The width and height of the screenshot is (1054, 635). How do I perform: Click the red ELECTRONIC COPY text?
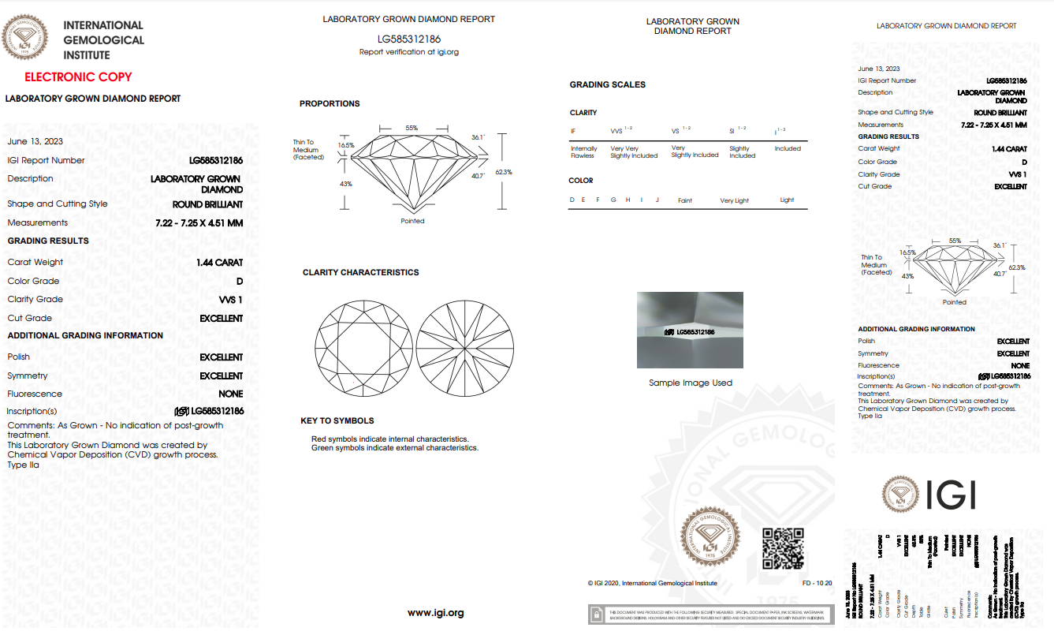pyautogui.click(x=78, y=77)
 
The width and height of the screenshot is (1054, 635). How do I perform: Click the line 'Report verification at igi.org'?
pyautogui.click(x=408, y=52)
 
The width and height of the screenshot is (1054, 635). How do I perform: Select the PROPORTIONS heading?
pyautogui.click(x=330, y=104)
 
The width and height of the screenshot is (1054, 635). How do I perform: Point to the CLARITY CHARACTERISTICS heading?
pyautogui.click(x=360, y=273)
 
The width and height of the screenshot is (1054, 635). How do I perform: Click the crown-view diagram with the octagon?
pyautogui.click(x=363, y=348)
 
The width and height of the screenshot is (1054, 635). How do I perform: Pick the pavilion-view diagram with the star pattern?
pyautogui.click(x=465, y=348)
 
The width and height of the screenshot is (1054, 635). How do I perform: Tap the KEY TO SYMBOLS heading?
pyautogui.click(x=337, y=421)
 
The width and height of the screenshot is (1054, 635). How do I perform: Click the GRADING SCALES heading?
pyautogui.click(x=607, y=85)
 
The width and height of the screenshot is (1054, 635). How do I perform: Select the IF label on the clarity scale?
pyautogui.click(x=573, y=131)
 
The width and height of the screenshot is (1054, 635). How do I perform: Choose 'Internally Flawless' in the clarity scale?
pyautogui.click(x=583, y=152)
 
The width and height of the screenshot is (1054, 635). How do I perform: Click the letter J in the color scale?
pyautogui.click(x=657, y=200)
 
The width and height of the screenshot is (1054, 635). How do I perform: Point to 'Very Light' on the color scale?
pyautogui.click(x=734, y=200)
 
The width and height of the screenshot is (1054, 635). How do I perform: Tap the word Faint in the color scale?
pyautogui.click(x=685, y=200)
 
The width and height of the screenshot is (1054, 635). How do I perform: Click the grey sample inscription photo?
pyautogui.click(x=690, y=331)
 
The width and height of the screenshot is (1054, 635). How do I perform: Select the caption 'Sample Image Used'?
pyautogui.click(x=690, y=383)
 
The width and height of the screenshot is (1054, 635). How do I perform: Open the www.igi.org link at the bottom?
pyautogui.click(x=435, y=613)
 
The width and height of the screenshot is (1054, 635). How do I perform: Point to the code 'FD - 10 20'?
pyautogui.click(x=817, y=583)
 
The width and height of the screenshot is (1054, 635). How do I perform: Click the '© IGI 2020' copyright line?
pyautogui.click(x=652, y=583)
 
